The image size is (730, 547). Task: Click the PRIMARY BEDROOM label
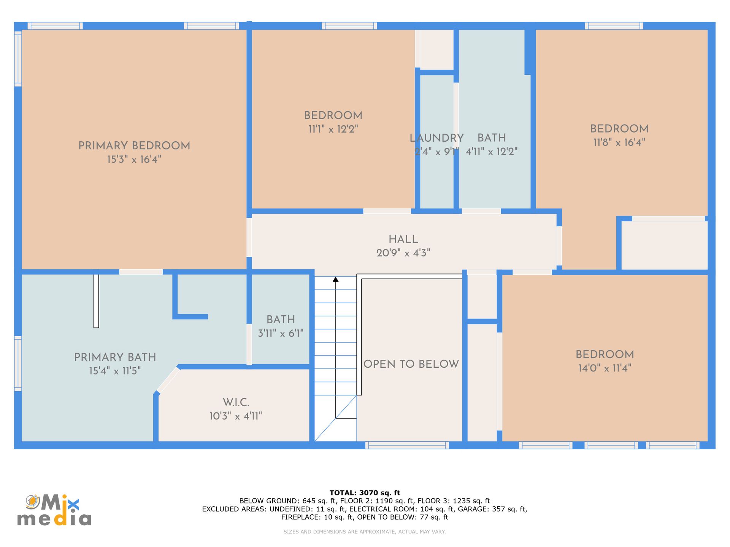(x=134, y=146)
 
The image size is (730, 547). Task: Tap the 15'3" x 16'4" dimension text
(x=134, y=159)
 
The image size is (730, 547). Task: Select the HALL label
(x=403, y=239)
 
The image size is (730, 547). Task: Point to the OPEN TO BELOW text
(x=411, y=364)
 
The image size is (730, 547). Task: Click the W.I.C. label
(x=236, y=402)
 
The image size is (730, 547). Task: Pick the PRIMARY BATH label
(x=115, y=357)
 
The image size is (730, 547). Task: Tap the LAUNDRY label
(x=436, y=138)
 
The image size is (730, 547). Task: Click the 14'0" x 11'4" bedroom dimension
(x=605, y=368)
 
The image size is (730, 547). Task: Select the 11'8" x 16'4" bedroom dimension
(x=619, y=142)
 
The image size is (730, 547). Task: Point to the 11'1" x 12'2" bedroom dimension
(x=333, y=129)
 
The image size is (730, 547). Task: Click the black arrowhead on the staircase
(x=335, y=280)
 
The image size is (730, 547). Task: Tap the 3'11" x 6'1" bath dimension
(x=281, y=334)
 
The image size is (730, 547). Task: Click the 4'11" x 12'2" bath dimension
(x=492, y=152)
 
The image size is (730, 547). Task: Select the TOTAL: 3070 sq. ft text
(x=365, y=493)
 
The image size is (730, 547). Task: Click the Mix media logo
(x=54, y=510)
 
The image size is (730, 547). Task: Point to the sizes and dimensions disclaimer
(x=365, y=532)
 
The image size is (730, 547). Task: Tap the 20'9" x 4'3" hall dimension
(x=403, y=253)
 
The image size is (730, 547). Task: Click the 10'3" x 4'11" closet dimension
(x=236, y=416)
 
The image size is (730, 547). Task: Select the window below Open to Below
(x=407, y=445)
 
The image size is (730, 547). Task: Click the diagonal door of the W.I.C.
(x=168, y=380)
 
